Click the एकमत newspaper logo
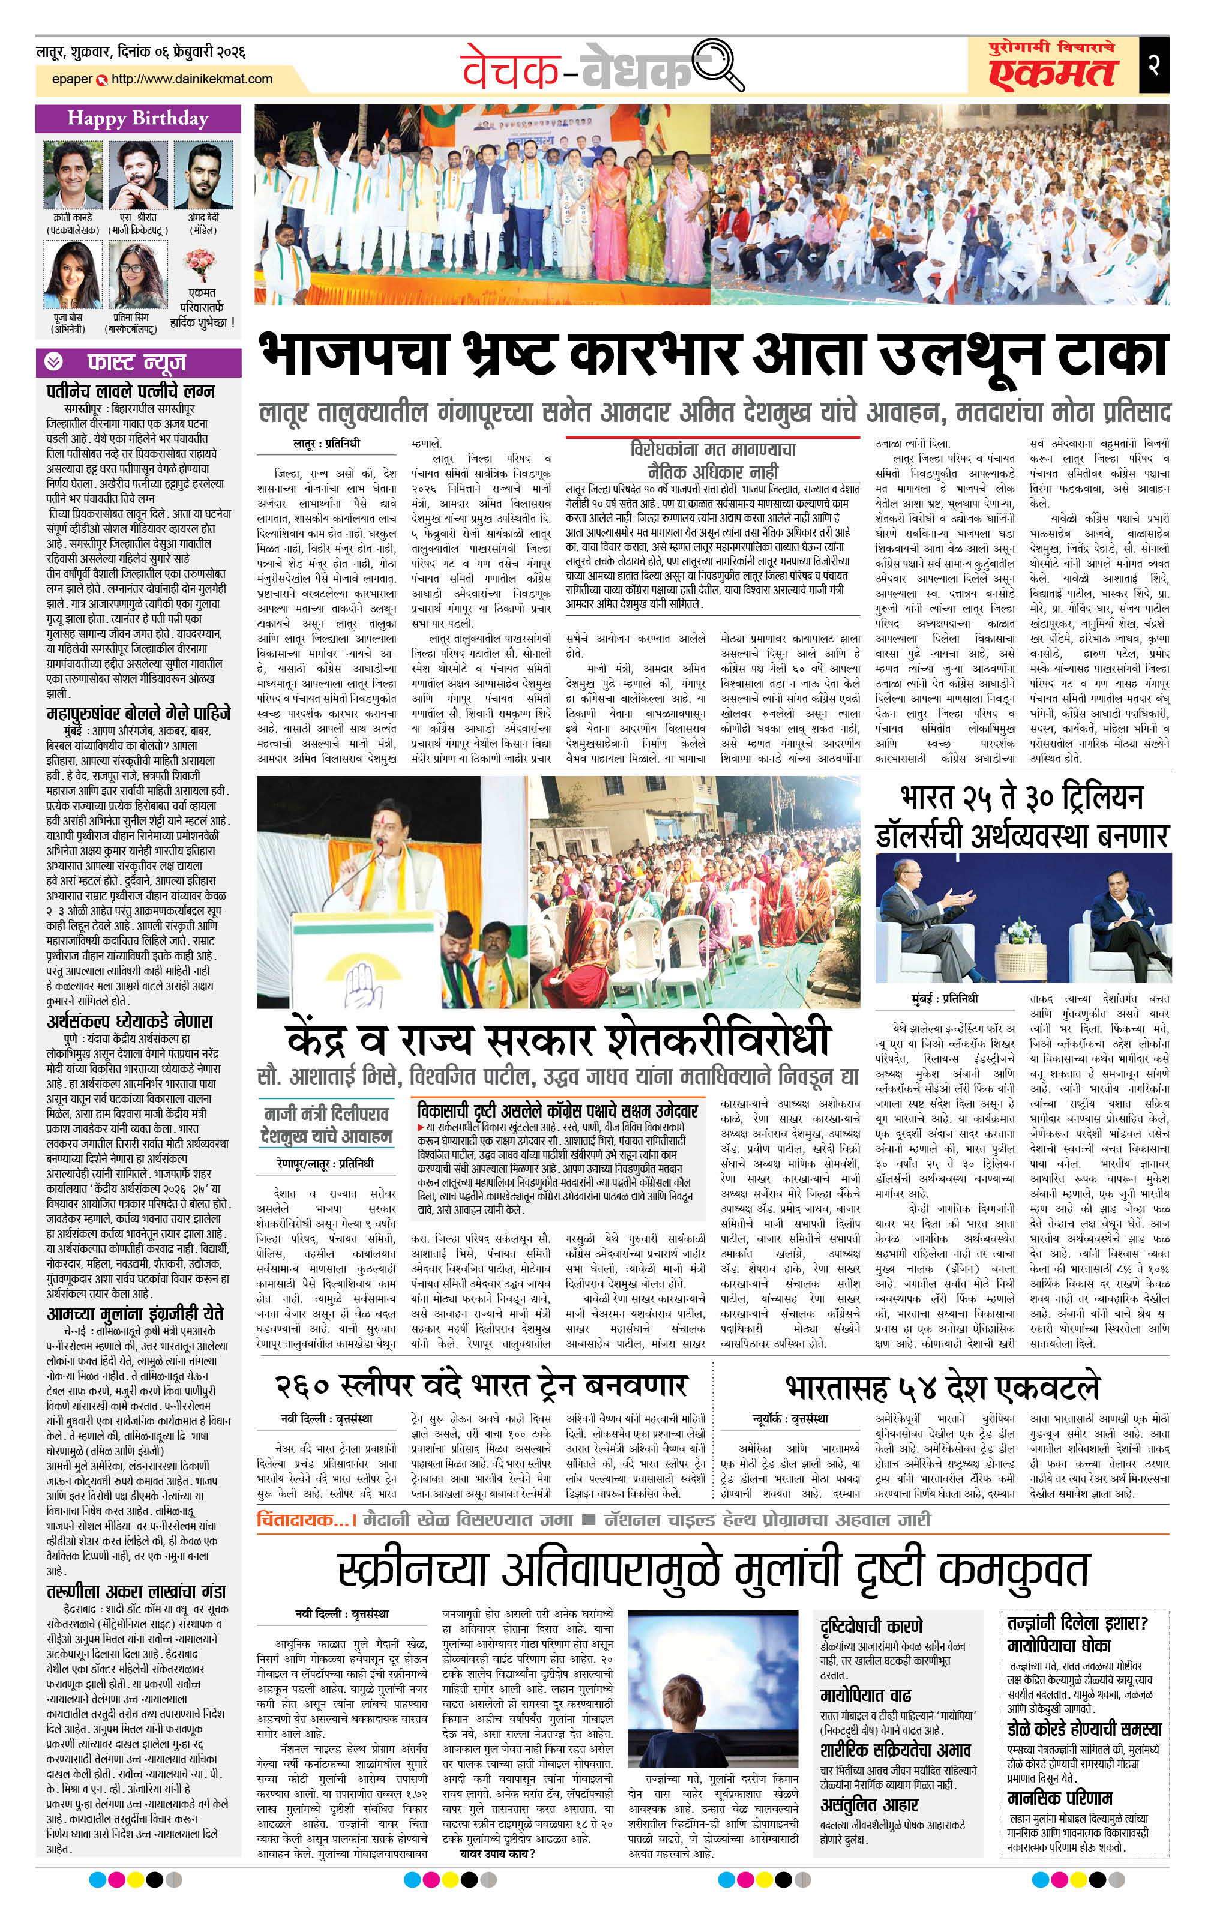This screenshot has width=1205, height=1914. [x=1053, y=71]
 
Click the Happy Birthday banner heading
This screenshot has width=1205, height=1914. [x=137, y=119]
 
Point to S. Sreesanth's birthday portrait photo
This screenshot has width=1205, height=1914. [x=137, y=176]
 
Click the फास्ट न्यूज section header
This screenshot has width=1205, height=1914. [x=137, y=363]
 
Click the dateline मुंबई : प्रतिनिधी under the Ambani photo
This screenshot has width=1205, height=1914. [x=945, y=998]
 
